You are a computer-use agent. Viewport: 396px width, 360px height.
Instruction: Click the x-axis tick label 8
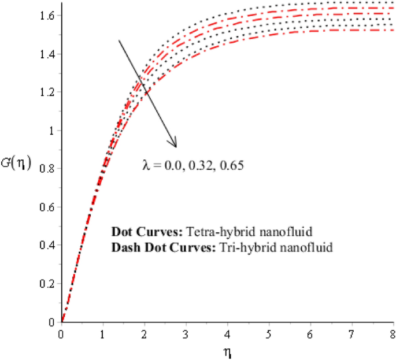393,334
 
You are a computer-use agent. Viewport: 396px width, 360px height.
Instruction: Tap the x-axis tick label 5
269,334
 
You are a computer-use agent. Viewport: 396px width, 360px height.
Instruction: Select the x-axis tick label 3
186,334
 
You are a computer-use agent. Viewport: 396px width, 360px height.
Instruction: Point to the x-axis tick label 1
103,334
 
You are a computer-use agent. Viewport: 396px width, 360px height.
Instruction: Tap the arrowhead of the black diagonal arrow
174,143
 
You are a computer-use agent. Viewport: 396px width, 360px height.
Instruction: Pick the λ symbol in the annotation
146,165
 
